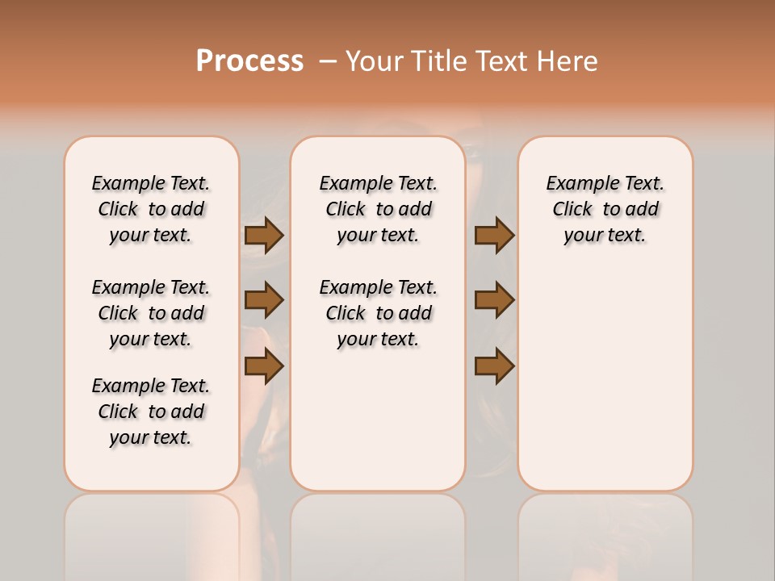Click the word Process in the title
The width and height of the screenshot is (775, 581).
coord(249,61)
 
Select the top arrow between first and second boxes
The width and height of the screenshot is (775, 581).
coord(264,236)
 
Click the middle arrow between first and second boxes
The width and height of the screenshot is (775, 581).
coord(264,300)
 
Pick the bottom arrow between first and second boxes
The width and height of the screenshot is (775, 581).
coord(264,366)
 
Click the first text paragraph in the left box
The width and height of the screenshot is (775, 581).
coord(151,209)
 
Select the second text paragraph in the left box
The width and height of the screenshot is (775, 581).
coord(151,313)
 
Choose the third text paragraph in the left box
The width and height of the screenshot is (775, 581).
coord(151,412)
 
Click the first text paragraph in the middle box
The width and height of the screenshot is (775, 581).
coord(378,209)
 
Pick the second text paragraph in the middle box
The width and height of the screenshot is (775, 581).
coord(378,313)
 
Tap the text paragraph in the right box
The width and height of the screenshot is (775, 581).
coord(605,209)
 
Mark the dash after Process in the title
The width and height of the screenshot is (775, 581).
coord(327,61)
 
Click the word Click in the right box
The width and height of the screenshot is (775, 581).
coord(572,210)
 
